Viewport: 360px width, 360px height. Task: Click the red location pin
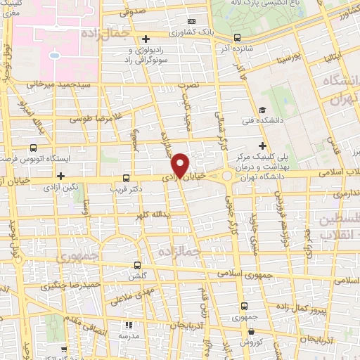point(181,165)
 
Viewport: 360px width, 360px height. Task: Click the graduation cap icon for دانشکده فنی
point(262,110)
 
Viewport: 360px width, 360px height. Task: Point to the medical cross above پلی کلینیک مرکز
point(262,145)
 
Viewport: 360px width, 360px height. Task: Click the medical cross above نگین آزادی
point(61,176)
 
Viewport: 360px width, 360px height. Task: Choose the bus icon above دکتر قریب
point(126,178)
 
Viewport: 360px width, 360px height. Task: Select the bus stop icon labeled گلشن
point(137,266)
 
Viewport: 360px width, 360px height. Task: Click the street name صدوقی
point(132,11)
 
